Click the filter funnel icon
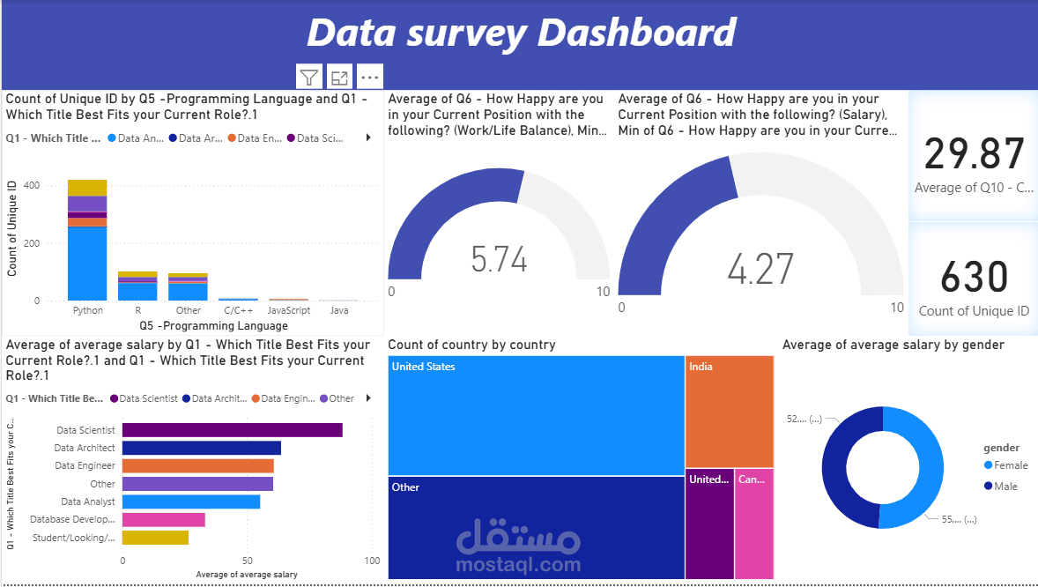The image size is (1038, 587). coord(308,78)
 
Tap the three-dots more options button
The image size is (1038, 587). coord(369,78)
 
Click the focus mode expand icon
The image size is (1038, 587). coord(339,78)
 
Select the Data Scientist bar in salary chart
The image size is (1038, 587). coord(232,430)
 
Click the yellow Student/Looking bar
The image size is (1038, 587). coord(155,538)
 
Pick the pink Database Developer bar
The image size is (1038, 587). coord(163,520)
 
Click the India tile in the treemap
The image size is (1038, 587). coord(729,412)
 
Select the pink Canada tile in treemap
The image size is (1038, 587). coord(753,524)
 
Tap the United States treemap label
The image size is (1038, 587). coord(423,367)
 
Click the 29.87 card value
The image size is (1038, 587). coord(974,154)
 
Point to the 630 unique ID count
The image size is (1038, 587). coord(974,277)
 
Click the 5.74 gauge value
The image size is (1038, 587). coord(499,260)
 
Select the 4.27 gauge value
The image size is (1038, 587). coord(760,268)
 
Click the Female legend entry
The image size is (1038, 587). coord(1010,465)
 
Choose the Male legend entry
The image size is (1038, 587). coord(1005,486)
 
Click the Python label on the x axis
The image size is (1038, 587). coord(87,310)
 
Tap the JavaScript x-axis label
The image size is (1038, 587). coord(289,310)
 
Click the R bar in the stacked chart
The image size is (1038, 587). coord(137,286)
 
